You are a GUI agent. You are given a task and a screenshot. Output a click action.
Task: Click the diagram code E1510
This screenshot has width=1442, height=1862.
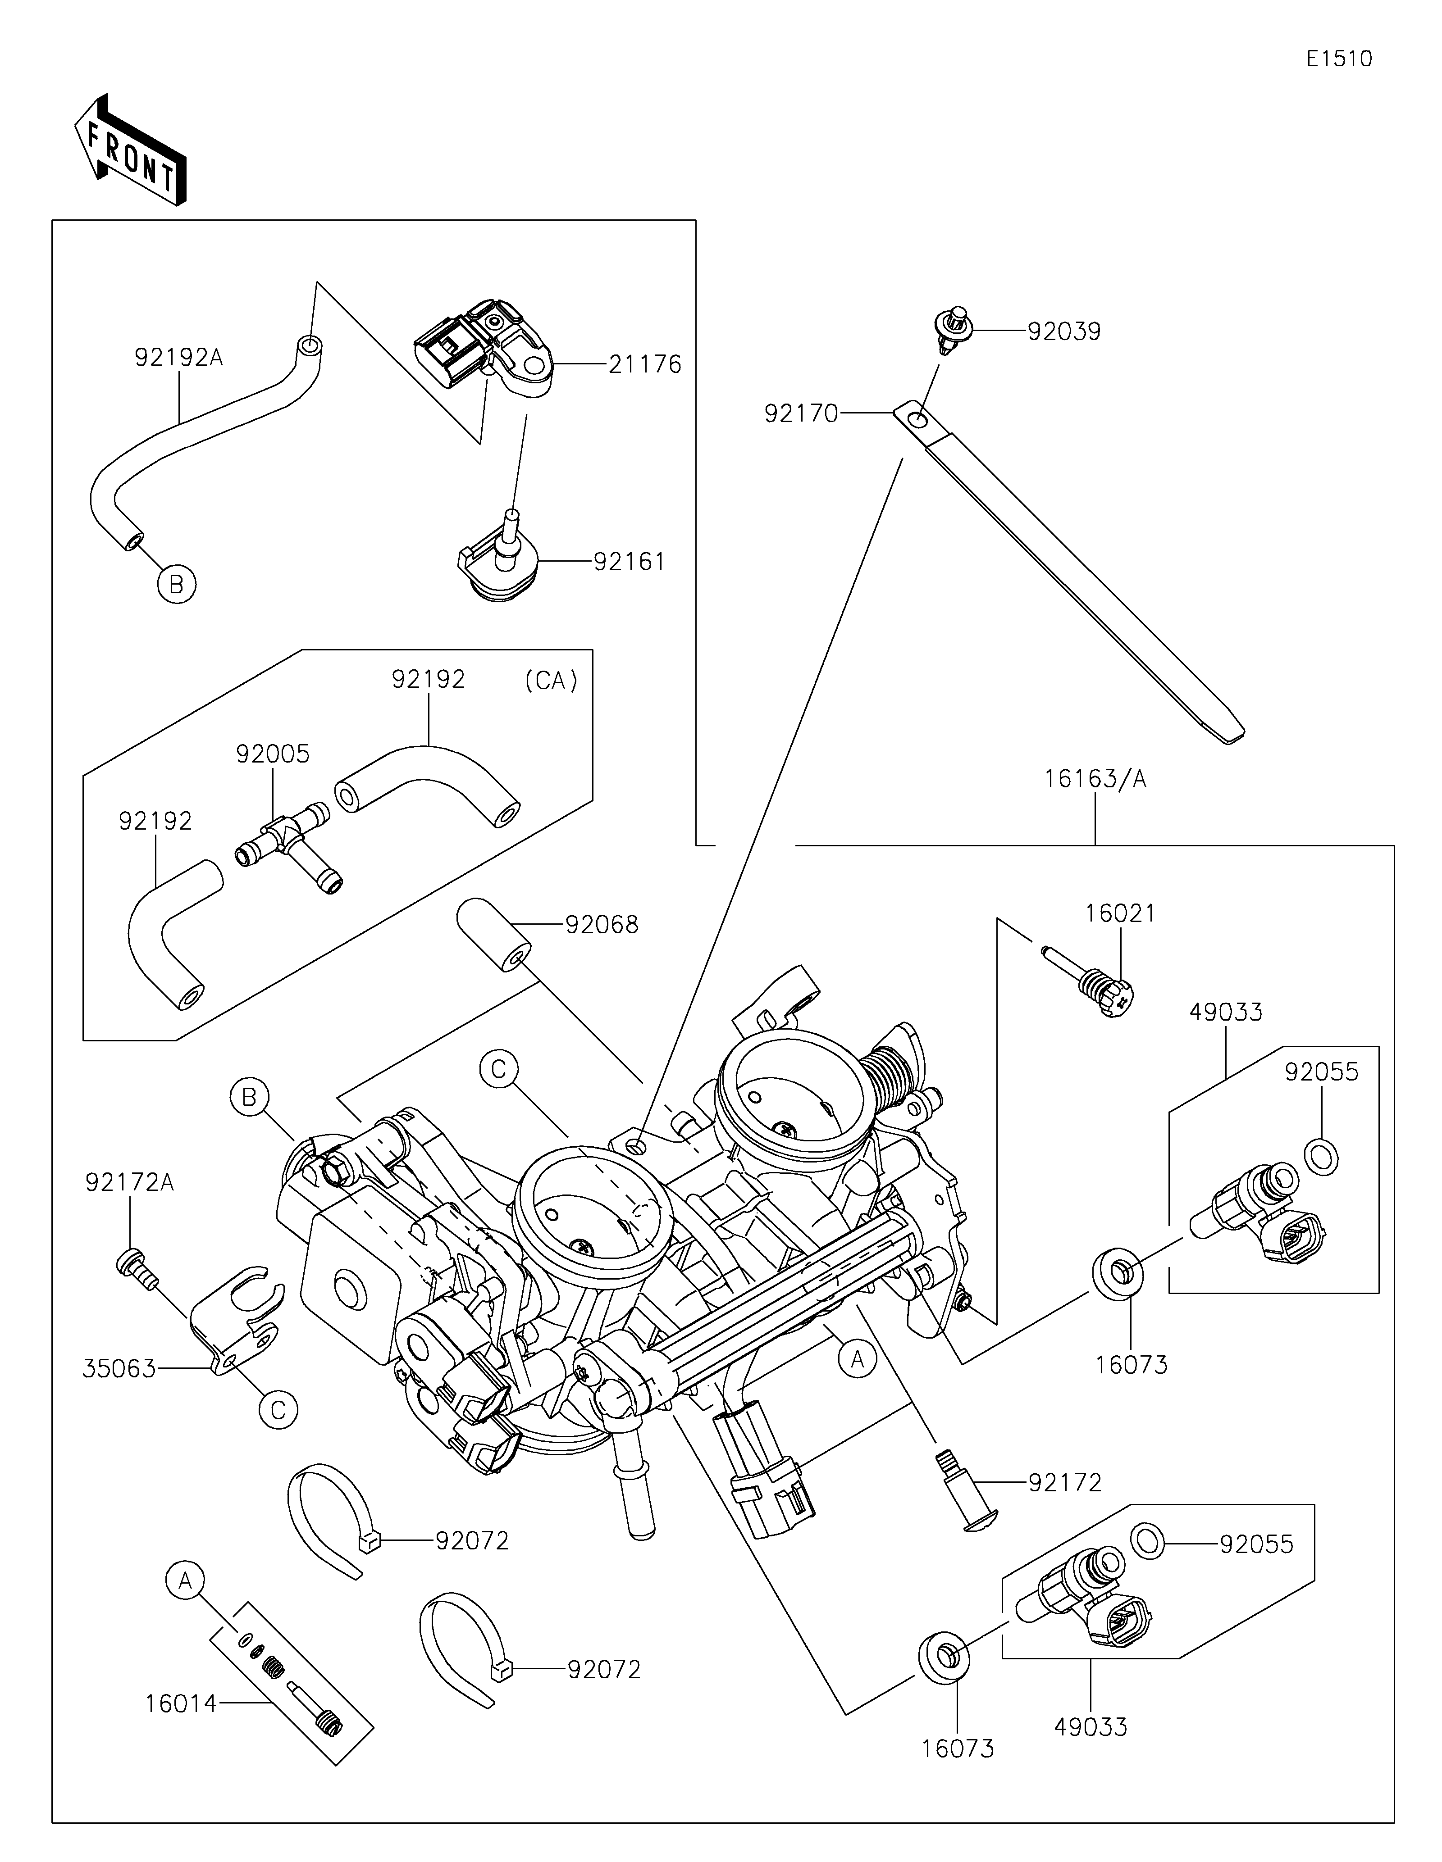point(1339,59)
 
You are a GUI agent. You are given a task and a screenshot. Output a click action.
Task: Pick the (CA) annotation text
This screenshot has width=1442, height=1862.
point(551,680)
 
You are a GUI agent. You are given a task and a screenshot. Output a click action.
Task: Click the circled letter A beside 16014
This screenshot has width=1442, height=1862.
point(185,1581)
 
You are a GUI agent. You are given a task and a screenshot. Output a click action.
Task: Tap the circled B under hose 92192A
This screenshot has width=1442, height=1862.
point(177,584)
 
